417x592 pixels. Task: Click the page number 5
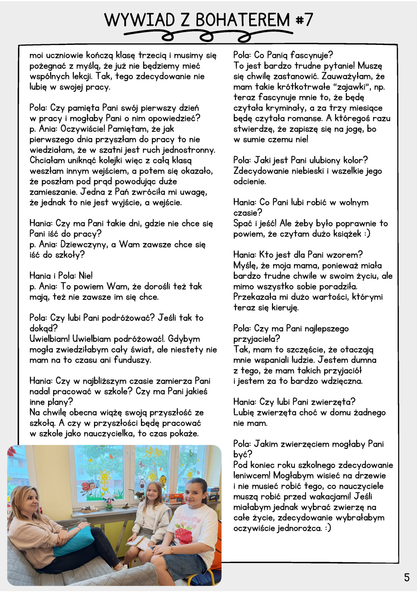(407, 577)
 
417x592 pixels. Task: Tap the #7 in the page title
(304, 20)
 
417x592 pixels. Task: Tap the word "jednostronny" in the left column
(189, 150)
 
